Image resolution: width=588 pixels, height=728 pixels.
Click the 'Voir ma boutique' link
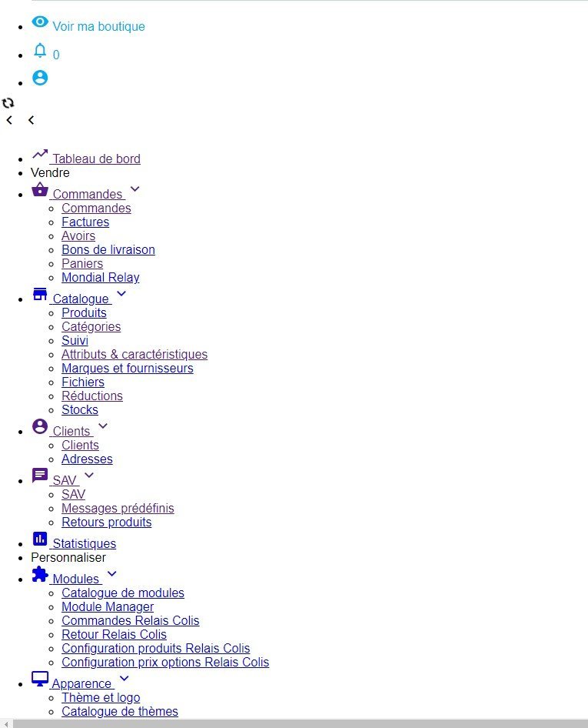click(x=98, y=26)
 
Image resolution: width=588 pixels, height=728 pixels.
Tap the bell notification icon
click(x=40, y=50)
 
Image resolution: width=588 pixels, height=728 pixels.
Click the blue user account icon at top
click(x=40, y=78)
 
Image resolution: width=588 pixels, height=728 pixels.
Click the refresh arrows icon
click(x=8, y=102)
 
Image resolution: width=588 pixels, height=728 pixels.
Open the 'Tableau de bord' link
click(x=96, y=159)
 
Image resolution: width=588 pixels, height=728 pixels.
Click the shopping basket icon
click(x=40, y=189)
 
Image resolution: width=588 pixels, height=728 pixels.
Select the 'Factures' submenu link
click(x=85, y=222)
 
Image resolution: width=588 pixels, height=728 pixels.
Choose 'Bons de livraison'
click(x=108, y=250)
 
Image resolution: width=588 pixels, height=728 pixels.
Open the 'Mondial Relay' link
click(x=101, y=277)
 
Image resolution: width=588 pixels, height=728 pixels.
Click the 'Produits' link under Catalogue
click(x=84, y=313)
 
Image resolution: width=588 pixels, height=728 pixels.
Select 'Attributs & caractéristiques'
click(x=135, y=354)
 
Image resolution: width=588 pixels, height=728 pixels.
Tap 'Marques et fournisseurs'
click(x=128, y=368)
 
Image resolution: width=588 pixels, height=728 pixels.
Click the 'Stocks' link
click(x=80, y=410)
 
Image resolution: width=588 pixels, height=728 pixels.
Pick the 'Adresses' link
click(x=87, y=459)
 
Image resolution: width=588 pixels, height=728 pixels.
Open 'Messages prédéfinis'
click(x=118, y=509)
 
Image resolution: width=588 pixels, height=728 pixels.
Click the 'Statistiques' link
click(x=85, y=543)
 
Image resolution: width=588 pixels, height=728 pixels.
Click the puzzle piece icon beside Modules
click(x=40, y=574)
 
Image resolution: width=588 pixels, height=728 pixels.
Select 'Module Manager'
click(x=108, y=607)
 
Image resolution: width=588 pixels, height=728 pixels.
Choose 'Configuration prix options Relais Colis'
click(x=165, y=662)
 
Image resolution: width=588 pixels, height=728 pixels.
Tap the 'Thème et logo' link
click(x=101, y=698)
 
